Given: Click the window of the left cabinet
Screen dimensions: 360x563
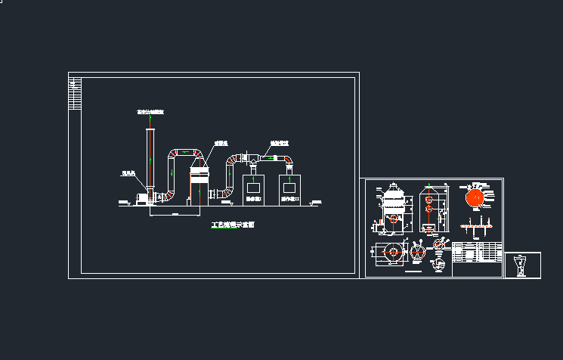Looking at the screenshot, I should point(253,187).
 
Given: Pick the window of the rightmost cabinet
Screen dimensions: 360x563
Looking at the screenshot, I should point(289,187).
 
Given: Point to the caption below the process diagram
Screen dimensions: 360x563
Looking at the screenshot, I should point(232,225).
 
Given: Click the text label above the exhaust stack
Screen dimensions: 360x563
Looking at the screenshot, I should point(150,112).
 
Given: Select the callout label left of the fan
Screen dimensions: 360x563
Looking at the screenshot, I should point(128,173).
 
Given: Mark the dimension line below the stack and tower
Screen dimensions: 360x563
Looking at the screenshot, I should point(174,216).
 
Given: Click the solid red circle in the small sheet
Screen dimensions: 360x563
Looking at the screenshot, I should point(475,197).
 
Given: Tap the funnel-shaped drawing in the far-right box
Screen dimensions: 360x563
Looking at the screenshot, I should point(521,265).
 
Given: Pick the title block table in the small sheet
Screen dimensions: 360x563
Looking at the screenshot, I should point(477,253).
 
